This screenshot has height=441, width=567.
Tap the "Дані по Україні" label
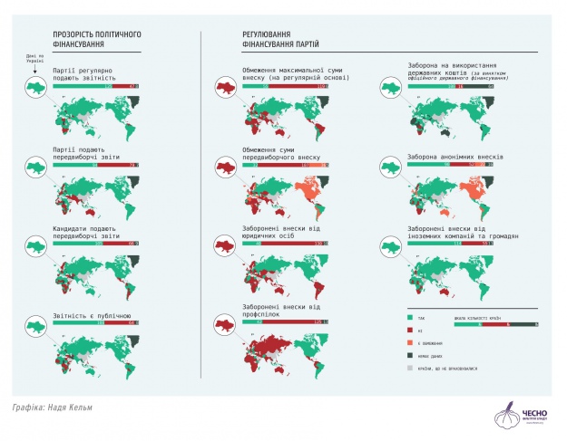tap(34, 56)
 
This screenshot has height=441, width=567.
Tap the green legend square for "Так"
tap(407, 318)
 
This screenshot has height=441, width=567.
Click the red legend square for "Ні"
tap(407, 330)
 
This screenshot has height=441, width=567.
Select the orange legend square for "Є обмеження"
tap(407, 343)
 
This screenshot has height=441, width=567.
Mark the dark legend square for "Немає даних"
tap(407, 356)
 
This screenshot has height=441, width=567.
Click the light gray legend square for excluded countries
tap(407, 369)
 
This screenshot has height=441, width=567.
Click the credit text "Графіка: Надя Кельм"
tap(53, 407)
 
